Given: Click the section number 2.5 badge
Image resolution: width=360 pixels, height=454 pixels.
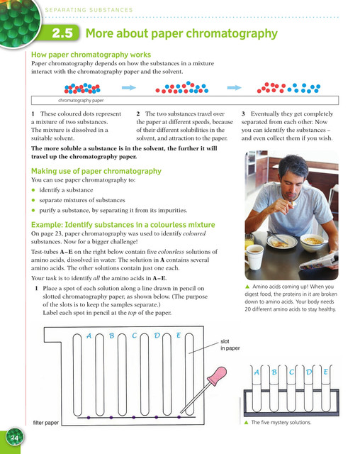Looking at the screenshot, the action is click(x=62, y=33).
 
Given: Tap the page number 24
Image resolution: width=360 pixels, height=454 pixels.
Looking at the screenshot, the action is click(x=14, y=438).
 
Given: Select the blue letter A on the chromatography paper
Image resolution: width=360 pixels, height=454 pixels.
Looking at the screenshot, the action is click(x=89, y=336).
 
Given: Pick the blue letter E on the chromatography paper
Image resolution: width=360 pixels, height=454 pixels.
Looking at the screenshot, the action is click(x=179, y=336).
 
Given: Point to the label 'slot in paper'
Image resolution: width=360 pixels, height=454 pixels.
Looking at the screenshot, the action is click(x=230, y=345).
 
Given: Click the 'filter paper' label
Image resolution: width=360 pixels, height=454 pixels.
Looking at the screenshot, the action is click(x=45, y=423).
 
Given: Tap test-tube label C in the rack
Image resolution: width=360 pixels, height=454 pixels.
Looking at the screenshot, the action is click(x=291, y=372).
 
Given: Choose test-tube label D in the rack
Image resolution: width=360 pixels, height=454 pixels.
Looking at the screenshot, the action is click(x=309, y=372).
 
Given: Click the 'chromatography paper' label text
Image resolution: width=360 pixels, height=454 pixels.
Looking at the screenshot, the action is click(x=81, y=101).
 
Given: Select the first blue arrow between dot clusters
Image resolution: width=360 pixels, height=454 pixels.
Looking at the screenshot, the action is click(x=129, y=88).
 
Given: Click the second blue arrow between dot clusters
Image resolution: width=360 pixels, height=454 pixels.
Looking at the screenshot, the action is click(x=234, y=88).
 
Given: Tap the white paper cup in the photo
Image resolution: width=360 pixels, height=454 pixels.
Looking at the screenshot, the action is click(x=255, y=257).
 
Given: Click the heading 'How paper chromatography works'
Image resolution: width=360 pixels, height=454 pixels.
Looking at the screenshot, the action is click(x=91, y=55).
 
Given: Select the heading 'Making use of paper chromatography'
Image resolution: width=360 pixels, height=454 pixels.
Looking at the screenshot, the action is click(x=96, y=171).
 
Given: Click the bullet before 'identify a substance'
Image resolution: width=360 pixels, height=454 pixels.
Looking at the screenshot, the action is click(x=33, y=190).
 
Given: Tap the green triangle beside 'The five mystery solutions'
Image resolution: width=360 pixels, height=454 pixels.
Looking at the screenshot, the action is click(x=247, y=423).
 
